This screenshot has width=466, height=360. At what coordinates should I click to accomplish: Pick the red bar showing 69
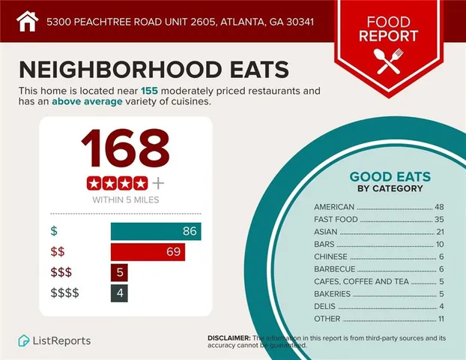point(148,252)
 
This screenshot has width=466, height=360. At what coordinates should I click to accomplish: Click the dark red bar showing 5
point(118,272)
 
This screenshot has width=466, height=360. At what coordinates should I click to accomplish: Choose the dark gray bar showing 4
point(118,292)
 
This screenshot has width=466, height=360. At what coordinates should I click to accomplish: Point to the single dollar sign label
point(53,232)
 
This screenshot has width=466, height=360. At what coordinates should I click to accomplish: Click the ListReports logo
point(55,340)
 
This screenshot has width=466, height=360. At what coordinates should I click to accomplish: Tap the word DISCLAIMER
point(229,338)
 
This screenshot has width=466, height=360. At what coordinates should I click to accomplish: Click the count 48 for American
point(439,206)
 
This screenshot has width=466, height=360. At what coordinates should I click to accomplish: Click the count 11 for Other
point(440,319)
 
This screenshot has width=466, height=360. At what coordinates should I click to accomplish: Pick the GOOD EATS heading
point(390,177)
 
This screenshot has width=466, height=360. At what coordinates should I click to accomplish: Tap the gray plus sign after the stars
point(157,183)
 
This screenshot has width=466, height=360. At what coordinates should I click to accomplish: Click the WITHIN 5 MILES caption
point(124,200)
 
